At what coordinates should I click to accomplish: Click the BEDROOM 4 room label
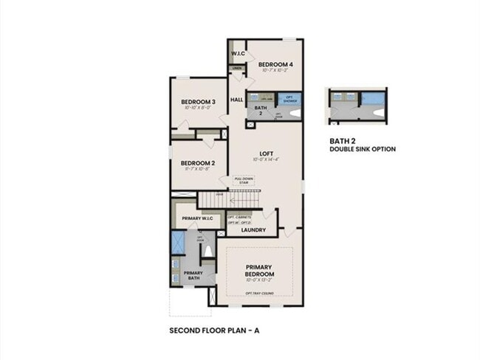click(275, 65)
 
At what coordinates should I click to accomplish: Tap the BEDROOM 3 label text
click(198, 102)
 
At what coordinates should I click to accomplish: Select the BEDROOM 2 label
click(198, 163)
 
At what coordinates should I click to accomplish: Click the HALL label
click(237, 100)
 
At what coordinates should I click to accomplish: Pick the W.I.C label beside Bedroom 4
click(238, 54)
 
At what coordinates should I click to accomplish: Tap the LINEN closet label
click(237, 69)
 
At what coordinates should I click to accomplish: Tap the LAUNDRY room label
click(253, 229)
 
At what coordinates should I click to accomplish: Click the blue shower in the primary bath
click(178, 243)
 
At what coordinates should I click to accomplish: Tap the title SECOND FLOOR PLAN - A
click(214, 330)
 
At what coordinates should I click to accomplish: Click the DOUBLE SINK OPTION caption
click(363, 149)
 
